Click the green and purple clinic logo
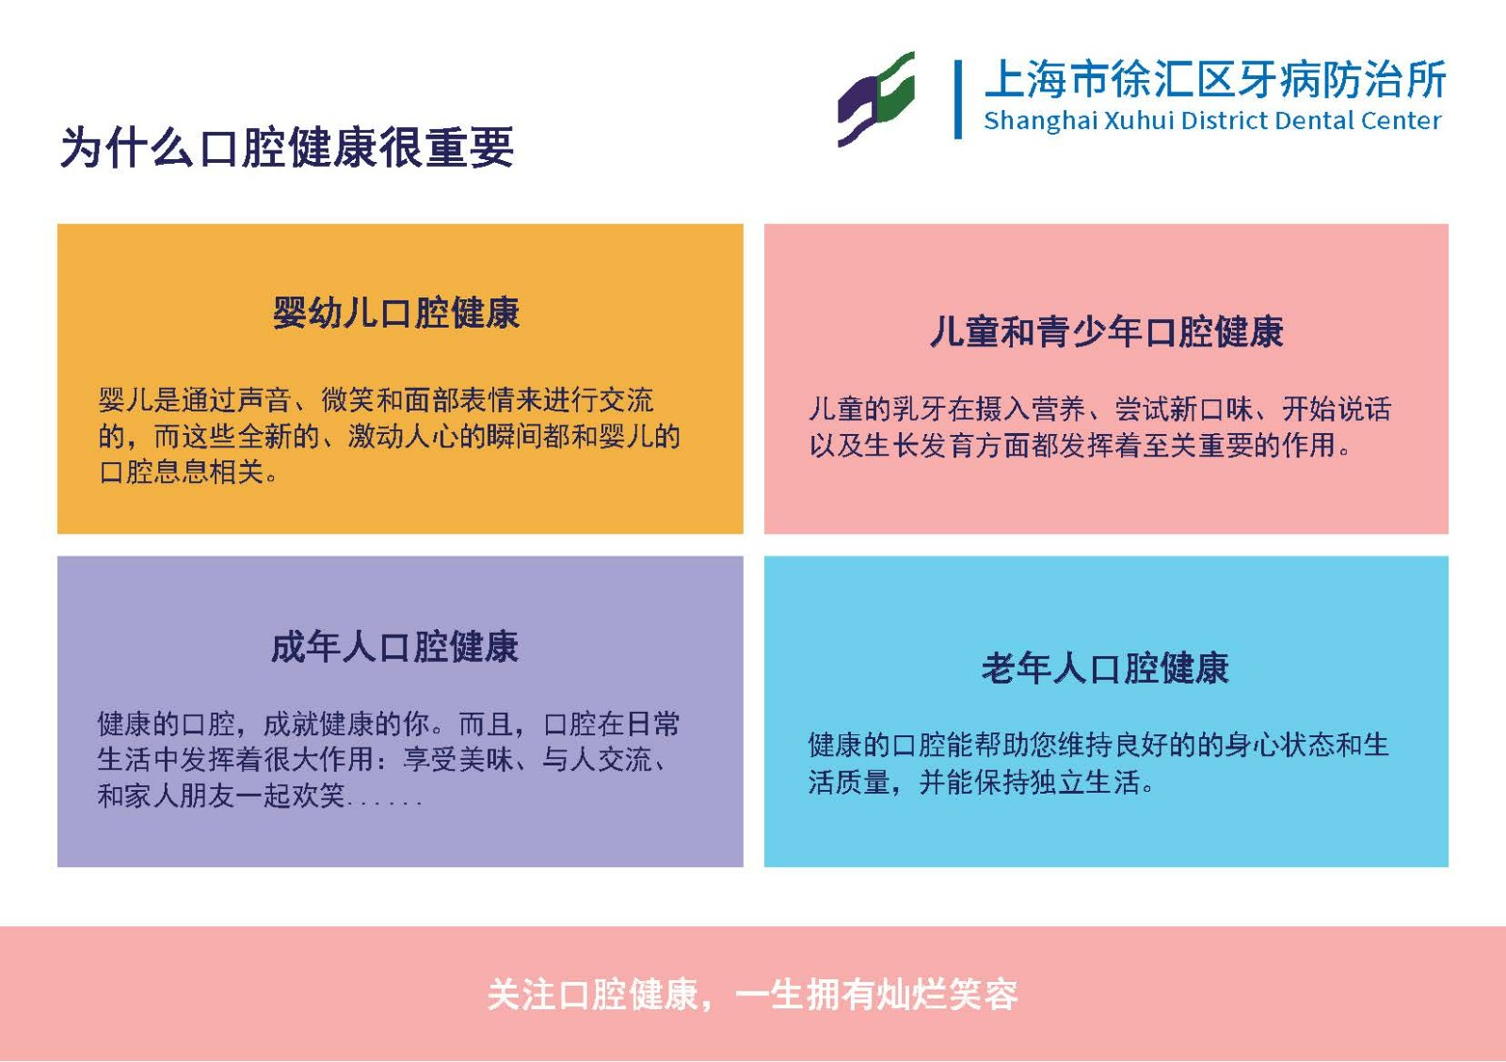click(876, 99)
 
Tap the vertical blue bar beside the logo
click(958, 99)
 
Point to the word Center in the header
click(1402, 121)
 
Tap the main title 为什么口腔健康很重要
click(287, 147)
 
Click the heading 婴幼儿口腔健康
click(396, 313)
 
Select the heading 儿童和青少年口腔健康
click(1107, 331)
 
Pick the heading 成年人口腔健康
click(394, 647)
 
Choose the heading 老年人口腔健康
click(1105, 668)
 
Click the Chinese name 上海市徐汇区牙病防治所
click(1215, 79)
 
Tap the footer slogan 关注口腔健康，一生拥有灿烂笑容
click(752, 995)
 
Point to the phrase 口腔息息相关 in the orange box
click(181, 472)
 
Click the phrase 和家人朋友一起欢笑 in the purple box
click(221, 796)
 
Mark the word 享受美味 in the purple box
click(457, 760)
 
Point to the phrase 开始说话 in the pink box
click(1337, 409)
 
